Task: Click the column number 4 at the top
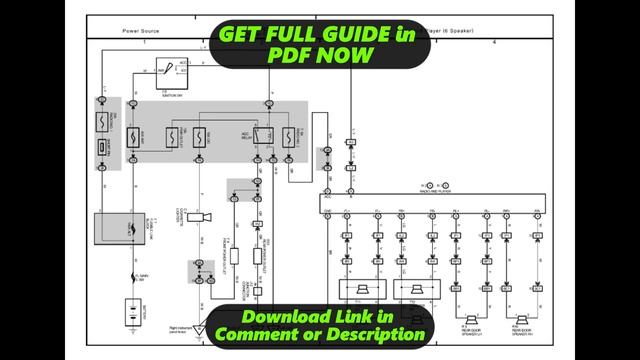494,43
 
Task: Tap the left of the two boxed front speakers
357,290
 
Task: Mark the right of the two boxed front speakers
413,290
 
